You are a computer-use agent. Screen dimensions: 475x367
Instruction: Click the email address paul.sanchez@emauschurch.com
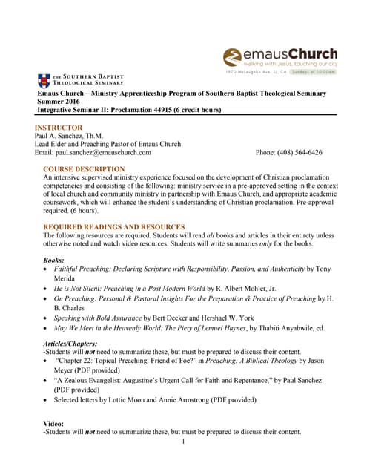(105, 153)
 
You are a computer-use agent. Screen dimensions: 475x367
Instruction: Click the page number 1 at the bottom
(182, 442)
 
